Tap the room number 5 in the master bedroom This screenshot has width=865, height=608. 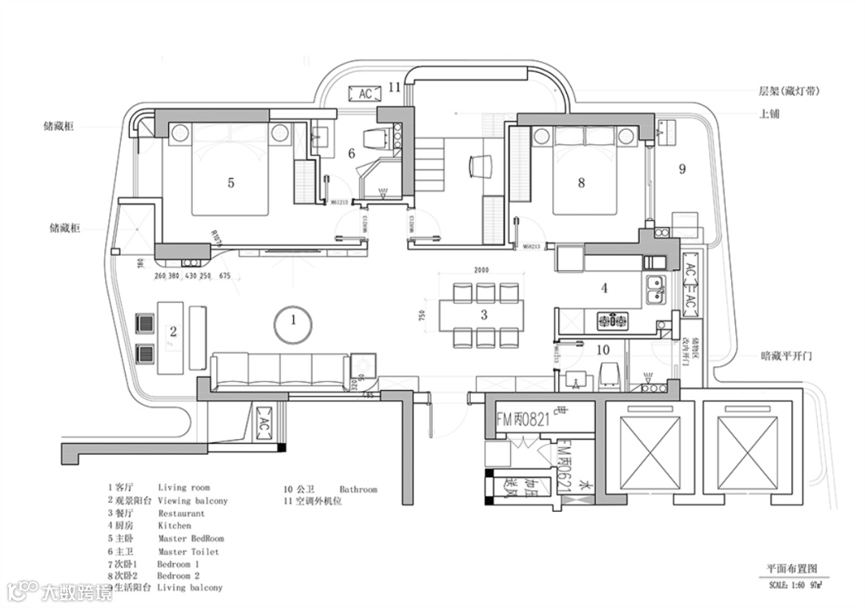(231, 183)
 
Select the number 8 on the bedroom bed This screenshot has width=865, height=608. (581, 183)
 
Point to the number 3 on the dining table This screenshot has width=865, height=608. (484, 315)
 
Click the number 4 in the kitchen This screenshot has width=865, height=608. (605, 288)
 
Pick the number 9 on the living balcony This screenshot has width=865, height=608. (682, 169)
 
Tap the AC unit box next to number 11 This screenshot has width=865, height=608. (365, 94)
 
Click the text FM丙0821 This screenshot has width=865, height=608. (523, 418)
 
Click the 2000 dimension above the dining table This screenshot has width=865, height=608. (481, 271)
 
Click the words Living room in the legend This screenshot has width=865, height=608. (183, 487)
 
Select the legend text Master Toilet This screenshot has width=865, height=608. (188, 552)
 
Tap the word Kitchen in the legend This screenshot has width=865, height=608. (175, 526)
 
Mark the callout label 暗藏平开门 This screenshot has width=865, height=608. (787, 356)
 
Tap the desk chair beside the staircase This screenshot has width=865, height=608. (477, 166)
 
